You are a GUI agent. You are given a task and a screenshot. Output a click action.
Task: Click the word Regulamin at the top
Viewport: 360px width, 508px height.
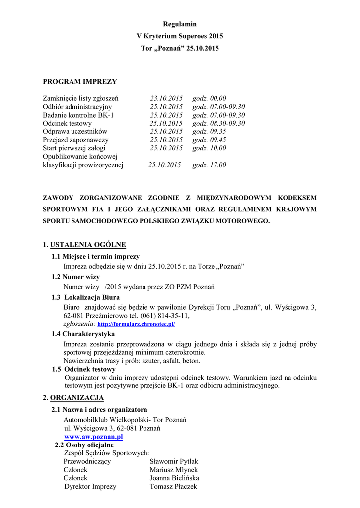point(180,24)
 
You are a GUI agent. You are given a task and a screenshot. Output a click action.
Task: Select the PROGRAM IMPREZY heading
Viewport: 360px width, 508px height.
point(79,81)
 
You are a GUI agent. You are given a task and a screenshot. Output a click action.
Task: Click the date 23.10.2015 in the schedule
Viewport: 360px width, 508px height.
point(167,98)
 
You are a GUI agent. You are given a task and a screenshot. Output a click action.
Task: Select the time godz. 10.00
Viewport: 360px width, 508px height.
point(209,148)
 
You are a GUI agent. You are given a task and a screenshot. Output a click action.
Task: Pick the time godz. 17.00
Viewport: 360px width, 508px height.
point(209,165)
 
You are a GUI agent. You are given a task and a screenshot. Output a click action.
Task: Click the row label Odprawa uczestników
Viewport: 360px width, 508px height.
point(75,131)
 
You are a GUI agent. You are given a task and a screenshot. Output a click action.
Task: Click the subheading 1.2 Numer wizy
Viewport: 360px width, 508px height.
point(75,277)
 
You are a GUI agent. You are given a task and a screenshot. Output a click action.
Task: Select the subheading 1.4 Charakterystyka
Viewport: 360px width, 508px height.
point(83,334)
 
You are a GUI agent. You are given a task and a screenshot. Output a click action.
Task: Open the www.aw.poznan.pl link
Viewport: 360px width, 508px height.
point(93,437)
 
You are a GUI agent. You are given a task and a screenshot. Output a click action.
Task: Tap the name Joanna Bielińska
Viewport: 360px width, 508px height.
point(174,478)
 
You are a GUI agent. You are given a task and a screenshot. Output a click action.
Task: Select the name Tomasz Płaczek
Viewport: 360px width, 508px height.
point(173,487)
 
